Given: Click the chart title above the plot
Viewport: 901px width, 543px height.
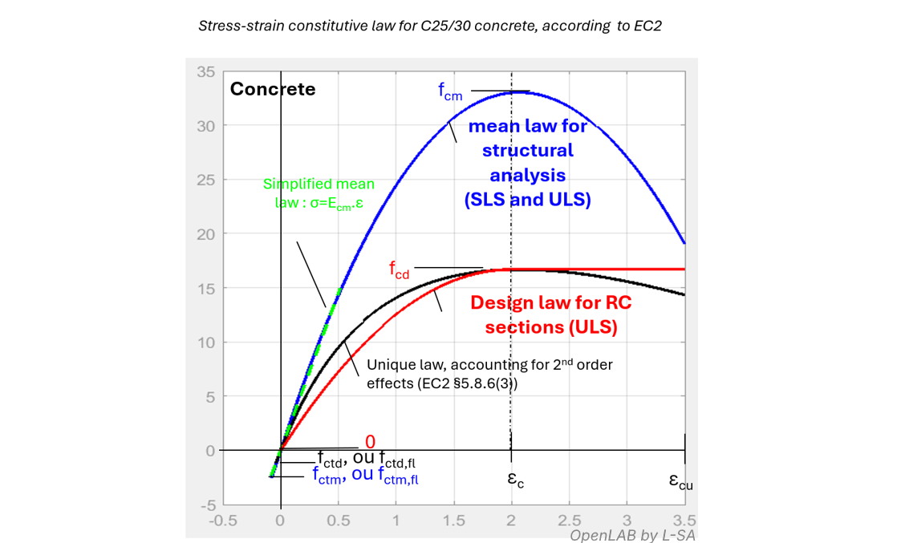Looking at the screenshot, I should (429, 26).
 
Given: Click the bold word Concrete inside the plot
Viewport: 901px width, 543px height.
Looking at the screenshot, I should (273, 89).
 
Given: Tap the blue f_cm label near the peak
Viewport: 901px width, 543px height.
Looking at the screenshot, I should (450, 91).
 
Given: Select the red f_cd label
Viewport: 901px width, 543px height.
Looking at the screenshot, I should (400, 270).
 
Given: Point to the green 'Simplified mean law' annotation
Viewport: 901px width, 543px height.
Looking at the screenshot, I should (319, 193).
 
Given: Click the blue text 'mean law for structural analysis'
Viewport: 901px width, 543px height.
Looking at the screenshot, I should (528, 163).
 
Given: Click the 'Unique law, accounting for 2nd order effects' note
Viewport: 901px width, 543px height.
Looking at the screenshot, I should (489, 373).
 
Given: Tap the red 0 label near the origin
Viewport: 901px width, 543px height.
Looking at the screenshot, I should (370, 442).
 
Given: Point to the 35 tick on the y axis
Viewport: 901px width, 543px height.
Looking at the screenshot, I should (206, 71).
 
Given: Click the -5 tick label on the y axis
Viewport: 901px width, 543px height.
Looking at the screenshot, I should (207, 505).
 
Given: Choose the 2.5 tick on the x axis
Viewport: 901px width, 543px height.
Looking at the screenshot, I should (569, 520).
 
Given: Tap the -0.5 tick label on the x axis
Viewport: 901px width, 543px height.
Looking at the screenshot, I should (222, 520).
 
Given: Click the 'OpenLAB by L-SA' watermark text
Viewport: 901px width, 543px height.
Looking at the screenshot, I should (632, 535).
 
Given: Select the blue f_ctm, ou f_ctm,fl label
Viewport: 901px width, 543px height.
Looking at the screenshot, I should (365, 476).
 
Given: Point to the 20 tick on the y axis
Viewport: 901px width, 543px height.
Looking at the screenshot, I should (206, 234).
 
